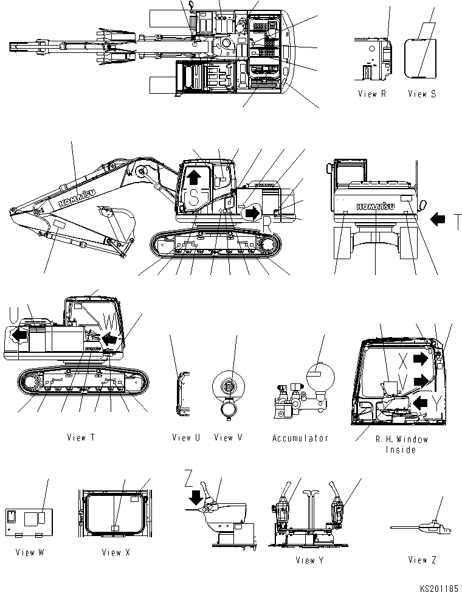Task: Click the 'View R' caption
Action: pos(371,94)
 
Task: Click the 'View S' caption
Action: pos(421,94)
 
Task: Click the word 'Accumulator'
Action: pos(300,438)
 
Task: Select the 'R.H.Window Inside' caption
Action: pos(401,444)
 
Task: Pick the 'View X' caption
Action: pos(115,552)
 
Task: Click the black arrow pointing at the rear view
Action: pos(437,217)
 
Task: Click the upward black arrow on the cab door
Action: pos(194,176)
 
